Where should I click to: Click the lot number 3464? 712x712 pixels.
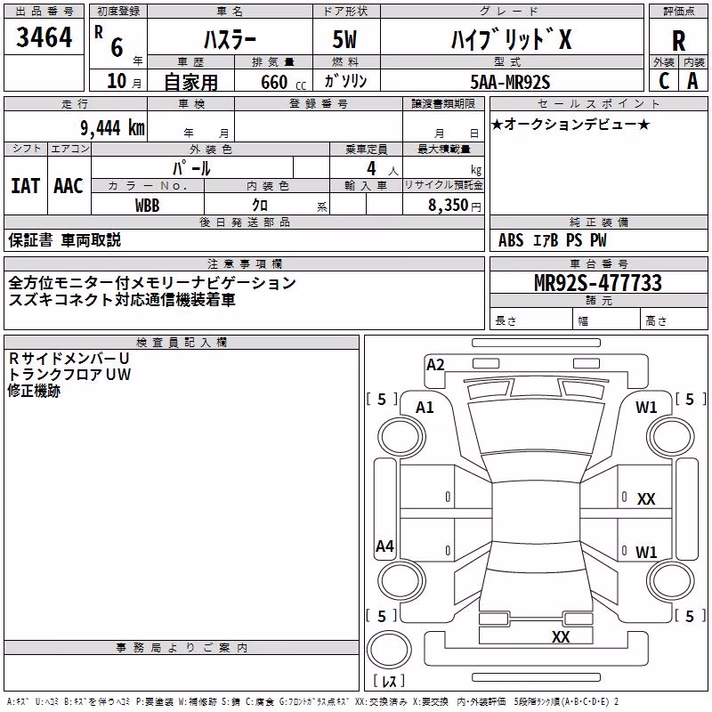point(44,36)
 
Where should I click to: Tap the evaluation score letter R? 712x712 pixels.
point(678,41)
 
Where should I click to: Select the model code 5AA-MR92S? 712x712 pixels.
point(510,82)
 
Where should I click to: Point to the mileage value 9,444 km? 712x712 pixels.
point(112,128)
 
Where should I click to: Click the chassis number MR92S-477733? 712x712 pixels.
point(598,282)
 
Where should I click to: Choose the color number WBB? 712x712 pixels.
point(147,206)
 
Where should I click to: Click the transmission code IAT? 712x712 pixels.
point(25,186)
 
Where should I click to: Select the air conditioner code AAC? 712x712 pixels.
point(69,186)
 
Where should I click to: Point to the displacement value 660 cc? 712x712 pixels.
point(283,82)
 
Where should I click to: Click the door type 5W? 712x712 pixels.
point(344,39)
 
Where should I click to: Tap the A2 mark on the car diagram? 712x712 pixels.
point(435,365)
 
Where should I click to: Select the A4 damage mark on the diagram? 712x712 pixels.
point(384,546)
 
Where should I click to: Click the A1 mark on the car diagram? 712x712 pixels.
point(425,408)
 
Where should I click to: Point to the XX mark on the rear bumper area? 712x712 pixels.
point(561,636)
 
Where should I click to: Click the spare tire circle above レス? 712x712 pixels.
point(389,650)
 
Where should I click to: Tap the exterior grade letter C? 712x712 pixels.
point(664,81)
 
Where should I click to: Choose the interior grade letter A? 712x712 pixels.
point(692,81)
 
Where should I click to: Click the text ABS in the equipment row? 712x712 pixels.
point(511,240)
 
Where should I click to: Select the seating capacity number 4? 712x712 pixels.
point(371,168)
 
